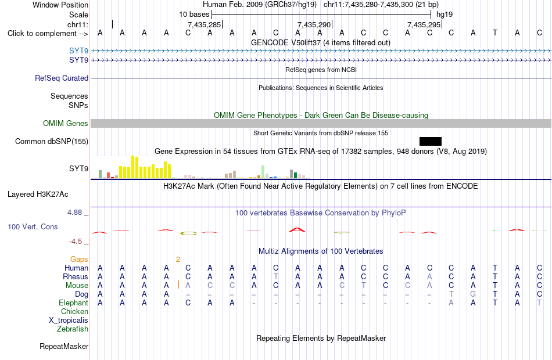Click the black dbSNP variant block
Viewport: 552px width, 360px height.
point(430,141)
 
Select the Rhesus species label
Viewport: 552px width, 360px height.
point(76,276)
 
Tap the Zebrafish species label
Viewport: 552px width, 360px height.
point(73,329)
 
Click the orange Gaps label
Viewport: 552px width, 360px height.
point(79,260)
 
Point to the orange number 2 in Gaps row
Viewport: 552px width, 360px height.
point(178,260)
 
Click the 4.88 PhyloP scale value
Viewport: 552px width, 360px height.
point(74,213)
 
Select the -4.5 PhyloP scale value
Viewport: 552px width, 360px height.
point(76,242)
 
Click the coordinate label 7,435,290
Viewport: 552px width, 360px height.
point(314,24)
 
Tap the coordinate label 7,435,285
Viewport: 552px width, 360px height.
point(204,24)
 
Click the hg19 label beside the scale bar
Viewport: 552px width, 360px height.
point(445,15)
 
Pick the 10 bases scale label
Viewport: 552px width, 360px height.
point(194,15)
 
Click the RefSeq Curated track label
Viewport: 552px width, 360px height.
point(62,78)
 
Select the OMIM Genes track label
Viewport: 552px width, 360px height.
point(66,123)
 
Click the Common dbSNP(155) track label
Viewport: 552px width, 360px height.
point(52,142)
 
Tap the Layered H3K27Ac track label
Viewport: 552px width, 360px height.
point(38,195)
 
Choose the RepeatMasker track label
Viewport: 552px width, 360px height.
point(64,346)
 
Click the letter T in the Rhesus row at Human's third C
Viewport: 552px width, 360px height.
point(275,276)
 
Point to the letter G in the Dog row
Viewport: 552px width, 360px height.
point(473,294)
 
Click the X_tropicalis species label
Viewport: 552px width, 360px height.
point(69,321)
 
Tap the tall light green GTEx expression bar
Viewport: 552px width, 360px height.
point(263,172)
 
